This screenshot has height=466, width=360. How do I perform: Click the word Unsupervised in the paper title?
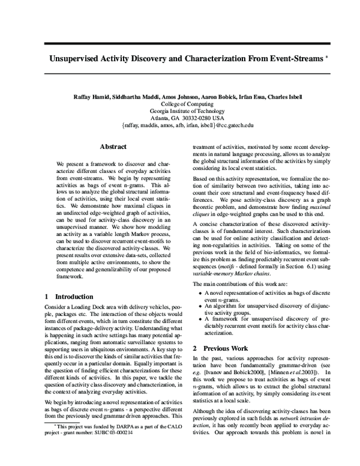tap(78, 61)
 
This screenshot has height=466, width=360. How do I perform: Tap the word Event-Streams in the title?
tap(296, 61)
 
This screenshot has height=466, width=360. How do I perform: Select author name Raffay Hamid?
tap(91, 97)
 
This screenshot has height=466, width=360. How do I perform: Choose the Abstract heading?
tap(112, 147)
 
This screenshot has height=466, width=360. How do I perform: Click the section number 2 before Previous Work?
tap(194, 348)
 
